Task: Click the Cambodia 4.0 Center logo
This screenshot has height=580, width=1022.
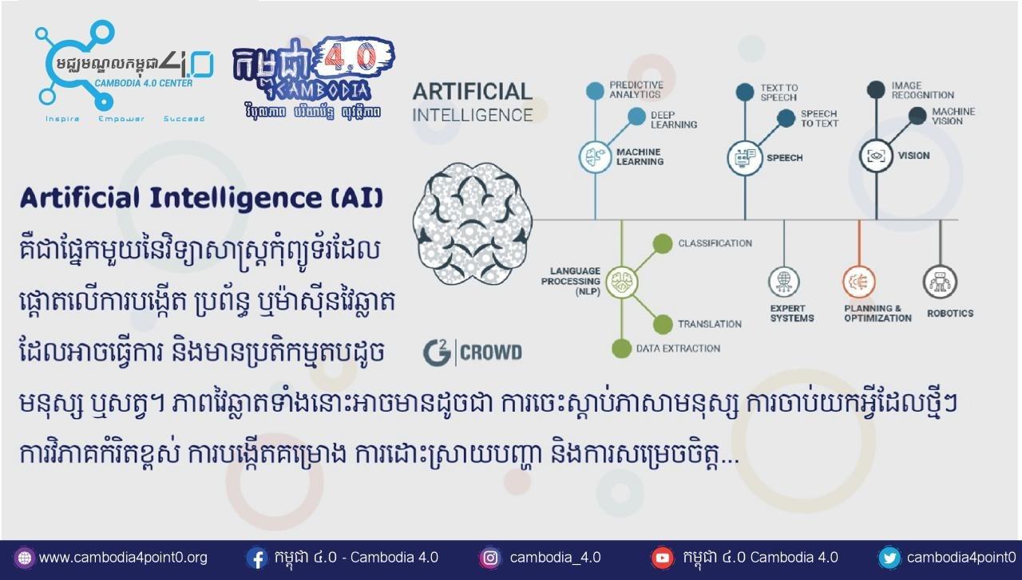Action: [120, 72]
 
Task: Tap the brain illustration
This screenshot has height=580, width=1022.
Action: [472, 221]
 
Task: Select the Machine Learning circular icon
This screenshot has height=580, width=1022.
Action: [595, 157]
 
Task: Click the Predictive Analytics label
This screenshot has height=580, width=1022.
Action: [636, 89]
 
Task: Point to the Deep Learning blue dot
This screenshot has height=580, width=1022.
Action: [636, 117]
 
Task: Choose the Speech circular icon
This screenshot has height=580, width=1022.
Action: [745, 157]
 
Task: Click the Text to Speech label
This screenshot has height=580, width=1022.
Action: [778, 93]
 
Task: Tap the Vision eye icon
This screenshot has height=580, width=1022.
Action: [876, 156]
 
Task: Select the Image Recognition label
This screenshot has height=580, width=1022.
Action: [922, 90]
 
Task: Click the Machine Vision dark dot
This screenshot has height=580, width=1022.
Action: [917, 116]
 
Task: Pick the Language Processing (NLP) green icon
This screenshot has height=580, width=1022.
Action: [621, 282]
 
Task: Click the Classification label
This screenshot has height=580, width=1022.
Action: [715, 243]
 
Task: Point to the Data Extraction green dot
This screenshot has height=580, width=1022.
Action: [621, 349]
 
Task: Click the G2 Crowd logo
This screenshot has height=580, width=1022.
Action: [472, 352]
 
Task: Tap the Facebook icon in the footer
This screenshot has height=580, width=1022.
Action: [256, 558]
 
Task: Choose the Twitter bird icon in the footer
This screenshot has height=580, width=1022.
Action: [889, 558]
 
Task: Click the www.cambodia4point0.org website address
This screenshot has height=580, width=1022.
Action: [122, 558]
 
